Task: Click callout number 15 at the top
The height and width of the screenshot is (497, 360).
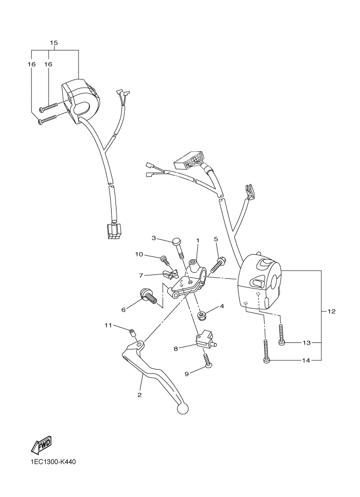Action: [x=54, y=42]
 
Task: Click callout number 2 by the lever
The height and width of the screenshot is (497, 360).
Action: [x=139, y=395]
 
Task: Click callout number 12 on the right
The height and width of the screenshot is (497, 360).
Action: [x=332, y=312]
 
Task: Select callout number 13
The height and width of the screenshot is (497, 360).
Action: [x=306, y=342]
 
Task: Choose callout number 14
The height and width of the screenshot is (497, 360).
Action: [x=306, y=360]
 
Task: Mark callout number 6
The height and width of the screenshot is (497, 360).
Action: [x=124, y=310]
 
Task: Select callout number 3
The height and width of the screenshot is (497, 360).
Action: [x=154, y=238]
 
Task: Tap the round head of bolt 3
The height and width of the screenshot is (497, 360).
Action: [x=177, y=243]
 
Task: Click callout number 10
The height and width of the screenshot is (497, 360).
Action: [x=139, y=254]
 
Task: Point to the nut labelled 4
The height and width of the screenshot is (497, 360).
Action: [x=203, y=314]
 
